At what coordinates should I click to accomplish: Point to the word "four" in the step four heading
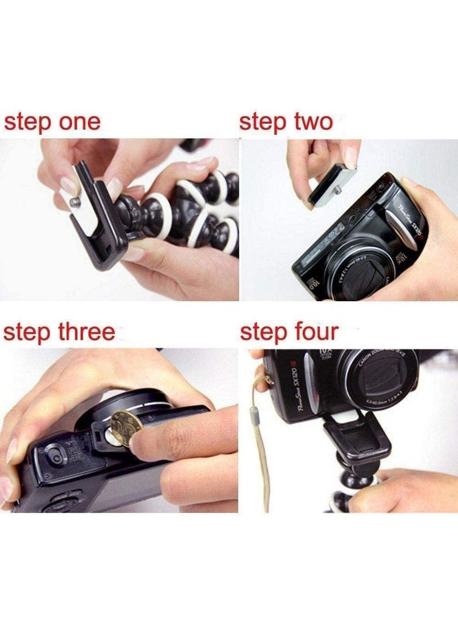click(314, 332)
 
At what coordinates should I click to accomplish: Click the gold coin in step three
click(125, 427)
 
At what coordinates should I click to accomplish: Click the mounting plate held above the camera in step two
click(333, 184)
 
